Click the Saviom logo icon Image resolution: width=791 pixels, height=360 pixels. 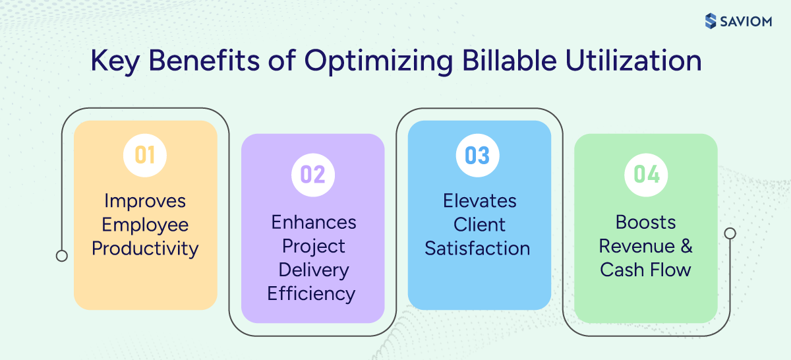tap(710, 21)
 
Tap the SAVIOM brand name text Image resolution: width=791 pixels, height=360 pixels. tap(745, 21)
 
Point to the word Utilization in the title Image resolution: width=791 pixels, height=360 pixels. tap(633, 61)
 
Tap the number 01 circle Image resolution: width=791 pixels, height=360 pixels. tap(145, 155)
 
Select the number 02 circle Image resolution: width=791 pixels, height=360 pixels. tap(312, 175)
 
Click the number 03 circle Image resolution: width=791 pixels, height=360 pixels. tap(478, 155)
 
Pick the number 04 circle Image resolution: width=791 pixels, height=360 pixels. tap(646, 175)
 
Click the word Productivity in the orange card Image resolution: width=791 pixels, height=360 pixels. tap(145, 249)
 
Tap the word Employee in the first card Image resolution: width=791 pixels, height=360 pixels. tap(145, 225)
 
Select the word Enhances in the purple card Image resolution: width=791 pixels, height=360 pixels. tap(314, 222)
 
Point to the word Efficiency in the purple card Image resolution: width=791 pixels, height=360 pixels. tap(311, 293)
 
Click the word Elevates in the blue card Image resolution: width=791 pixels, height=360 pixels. tap(480, 200)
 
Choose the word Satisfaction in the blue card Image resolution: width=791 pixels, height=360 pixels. tap(477, 249)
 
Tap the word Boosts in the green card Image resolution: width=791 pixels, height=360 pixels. tap(646, 222)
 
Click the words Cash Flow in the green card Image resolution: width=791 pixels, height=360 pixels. tap(646, 270)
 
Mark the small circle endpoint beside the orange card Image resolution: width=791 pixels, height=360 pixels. tap(62, 256)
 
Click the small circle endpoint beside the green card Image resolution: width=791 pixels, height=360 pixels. tap(730, 233)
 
